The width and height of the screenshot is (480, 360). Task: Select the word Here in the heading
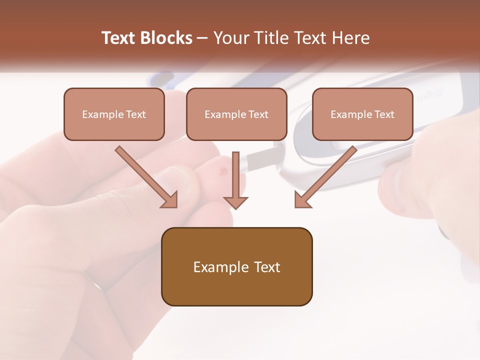click(351, 38)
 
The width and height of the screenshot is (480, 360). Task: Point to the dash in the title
click(202, 38)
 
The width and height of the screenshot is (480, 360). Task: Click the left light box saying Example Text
click(114, 114)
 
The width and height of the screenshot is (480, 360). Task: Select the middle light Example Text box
click(236, 114)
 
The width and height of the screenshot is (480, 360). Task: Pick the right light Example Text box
click(362, 114)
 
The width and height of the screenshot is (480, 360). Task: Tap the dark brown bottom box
click(236, 266)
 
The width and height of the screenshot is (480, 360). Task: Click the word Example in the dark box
click(217, 267)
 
